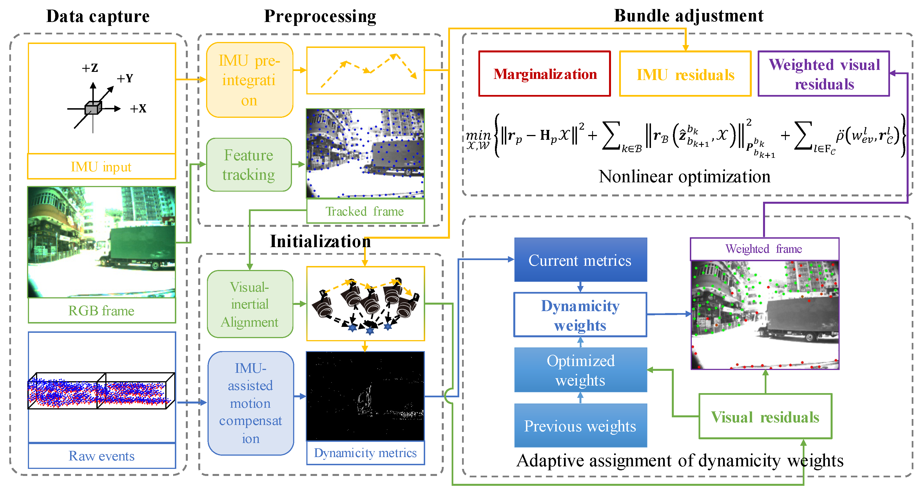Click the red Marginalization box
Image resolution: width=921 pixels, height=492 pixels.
tap(544, 74)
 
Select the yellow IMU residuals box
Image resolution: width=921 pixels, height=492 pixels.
tap(685, 74)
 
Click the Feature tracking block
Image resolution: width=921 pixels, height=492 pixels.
tap(249, 165)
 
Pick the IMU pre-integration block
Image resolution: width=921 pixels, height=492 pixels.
tap(249, 80)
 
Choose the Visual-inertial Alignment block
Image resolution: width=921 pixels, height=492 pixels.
tap(249, 304)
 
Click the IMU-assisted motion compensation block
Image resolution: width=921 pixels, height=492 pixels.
tap(250, 403)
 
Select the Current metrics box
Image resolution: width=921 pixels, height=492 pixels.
tap(580, 260)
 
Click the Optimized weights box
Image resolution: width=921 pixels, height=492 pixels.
tap(580, 370)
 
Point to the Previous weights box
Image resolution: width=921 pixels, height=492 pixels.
tap(580, 426)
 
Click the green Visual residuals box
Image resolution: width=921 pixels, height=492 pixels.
tap(765, 417)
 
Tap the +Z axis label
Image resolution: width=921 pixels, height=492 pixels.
tap(90, 68)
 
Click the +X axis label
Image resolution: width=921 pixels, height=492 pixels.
tap(138, 109)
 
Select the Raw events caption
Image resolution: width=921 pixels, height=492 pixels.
tap(102, 456)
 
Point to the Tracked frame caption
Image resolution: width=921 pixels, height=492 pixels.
tap(365, 211)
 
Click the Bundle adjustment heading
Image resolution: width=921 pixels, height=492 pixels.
tap(689, 16)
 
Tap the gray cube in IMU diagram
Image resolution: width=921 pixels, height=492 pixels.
tap(93, 108)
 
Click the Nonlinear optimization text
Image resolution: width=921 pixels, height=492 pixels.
tap(684, 176)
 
